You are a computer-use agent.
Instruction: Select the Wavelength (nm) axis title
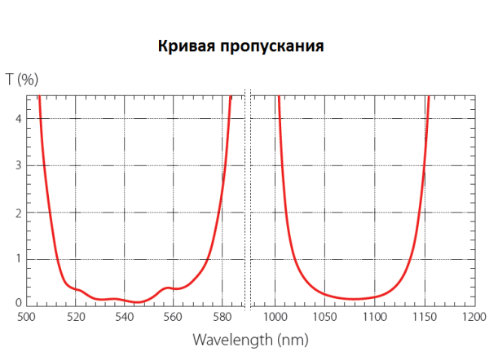point(250,338)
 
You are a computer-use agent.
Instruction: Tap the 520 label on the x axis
point(75,316)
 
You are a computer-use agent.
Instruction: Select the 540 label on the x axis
point(124,316)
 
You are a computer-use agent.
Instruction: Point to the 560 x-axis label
point(173,316)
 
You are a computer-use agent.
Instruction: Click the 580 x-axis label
point(222,316)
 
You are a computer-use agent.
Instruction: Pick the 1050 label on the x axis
point(325,316)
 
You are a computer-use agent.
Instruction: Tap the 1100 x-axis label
point(375,316)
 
